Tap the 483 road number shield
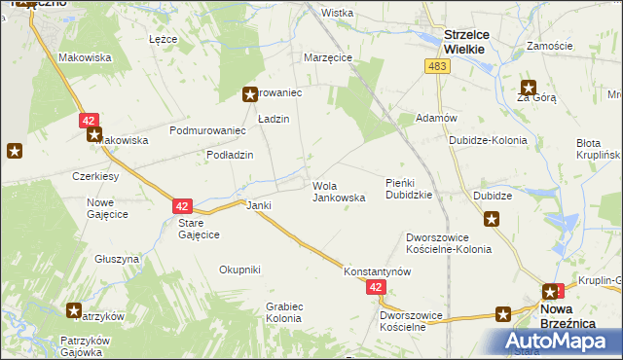pyautogui.click(x=435, y=65)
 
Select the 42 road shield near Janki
pyautogui.click(x=183, y=206)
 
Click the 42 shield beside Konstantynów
pyautogui.click(x=377, y=287)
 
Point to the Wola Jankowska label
pyautogui.click(x=339, y=191)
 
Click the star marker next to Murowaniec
pyautogui.click(x=249, y=94)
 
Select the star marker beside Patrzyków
pyautogui.click(x=74, y=310)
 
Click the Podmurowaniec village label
pyautogui.click(x=205, y=130)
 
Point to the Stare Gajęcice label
pyautogui.click(x=198, y=229)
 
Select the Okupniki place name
pyautogui.click(x=239, y=270)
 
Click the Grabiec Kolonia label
pyautogui.click(x=283, y=312)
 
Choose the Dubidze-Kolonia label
pyautogui.click(x=488, y=140)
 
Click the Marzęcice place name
pyautogui.click(x=327, y=57)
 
